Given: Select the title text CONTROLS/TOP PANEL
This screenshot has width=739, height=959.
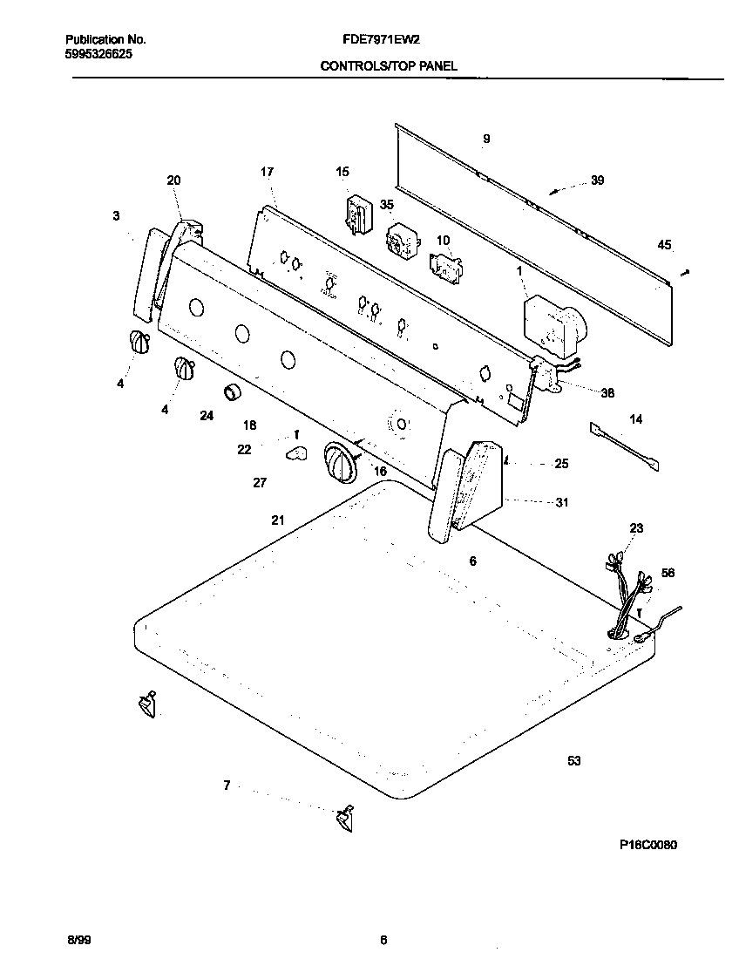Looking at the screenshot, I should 389,65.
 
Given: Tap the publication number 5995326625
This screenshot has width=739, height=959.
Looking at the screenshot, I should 98,53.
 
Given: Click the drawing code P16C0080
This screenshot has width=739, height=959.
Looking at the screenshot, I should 648,845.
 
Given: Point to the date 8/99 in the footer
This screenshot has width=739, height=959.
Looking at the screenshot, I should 78,940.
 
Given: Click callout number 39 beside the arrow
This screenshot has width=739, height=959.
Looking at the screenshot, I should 597,180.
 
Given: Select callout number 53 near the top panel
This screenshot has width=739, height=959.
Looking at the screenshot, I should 573,761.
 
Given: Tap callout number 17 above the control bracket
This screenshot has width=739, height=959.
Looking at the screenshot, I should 268,172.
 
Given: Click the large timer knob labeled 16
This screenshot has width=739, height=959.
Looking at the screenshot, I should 340,459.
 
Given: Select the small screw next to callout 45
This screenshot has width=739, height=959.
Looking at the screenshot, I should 686,273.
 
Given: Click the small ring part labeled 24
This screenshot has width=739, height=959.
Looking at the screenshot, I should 232,393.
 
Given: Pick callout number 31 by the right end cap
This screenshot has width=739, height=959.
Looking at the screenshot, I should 561,501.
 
